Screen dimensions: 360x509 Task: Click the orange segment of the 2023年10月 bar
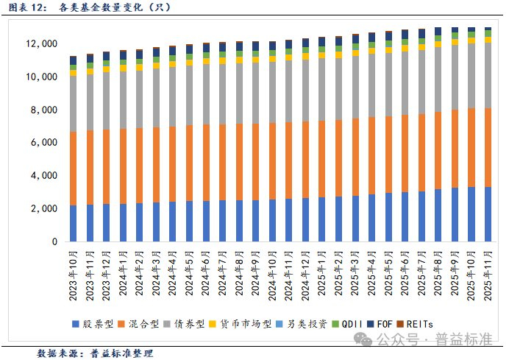tap(73, 169)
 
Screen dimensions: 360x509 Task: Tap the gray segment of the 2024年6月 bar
tap(206, 94)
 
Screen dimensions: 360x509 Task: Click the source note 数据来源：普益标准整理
tap(95, 353)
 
